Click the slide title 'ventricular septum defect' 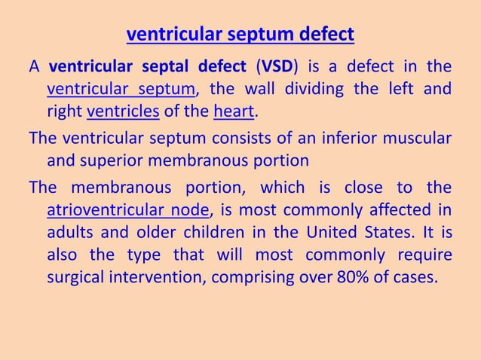240,35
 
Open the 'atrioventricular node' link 127,209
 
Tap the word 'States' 403,231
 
